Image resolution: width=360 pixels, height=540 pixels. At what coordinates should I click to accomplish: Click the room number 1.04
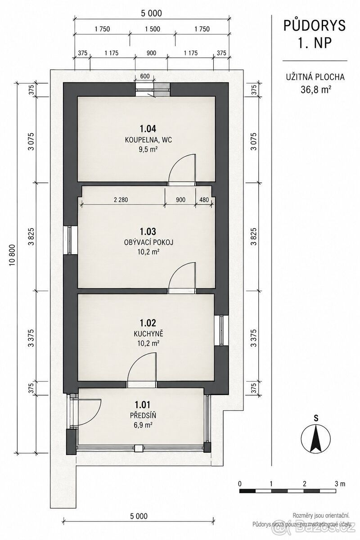pyautogui.click(x=148, y=129)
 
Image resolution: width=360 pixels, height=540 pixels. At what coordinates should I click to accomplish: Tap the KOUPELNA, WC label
pyautogui.click(x=148, y=140)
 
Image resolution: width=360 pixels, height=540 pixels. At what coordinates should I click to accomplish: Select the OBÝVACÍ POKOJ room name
pyautogui.click(x=148, y=242)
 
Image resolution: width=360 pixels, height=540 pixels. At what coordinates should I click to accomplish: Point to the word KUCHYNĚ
pyautogui.click(x=148, y=334)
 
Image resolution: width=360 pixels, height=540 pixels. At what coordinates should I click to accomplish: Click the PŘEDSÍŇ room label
pyautogui.click(x=143, y=415)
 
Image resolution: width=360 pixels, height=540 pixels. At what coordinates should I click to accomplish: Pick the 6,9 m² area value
pyautogui.click(x=143, y=424)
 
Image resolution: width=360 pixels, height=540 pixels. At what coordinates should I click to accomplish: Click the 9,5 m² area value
pyautogui.click(x=148, y=149)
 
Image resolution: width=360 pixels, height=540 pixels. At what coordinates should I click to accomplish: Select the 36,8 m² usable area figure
pyautogui.click(x=315, y=90)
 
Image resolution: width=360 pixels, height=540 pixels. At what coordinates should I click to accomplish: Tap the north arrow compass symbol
pyautogui.click(x=315, y=438)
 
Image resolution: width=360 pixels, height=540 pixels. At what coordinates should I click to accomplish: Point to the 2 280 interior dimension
pyautogui.click(x=121, y=200)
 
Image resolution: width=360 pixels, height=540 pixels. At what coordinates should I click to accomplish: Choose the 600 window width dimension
pyautogui.click(x=145, y=76)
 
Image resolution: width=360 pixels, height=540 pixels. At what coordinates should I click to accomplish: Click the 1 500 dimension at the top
pyautogui.click(x=153, y=29)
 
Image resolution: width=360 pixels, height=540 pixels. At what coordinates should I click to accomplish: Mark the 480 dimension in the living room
pyautogui.click(x=204, y=200)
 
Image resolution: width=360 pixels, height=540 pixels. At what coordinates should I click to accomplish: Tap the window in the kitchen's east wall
pyautogui.click(x=221, y=330)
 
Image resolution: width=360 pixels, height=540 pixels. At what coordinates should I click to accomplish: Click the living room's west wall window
pyautogui.click(x=70, y=240)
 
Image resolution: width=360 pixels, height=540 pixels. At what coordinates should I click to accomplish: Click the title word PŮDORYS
pyautogui.click(x=315, y=26)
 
